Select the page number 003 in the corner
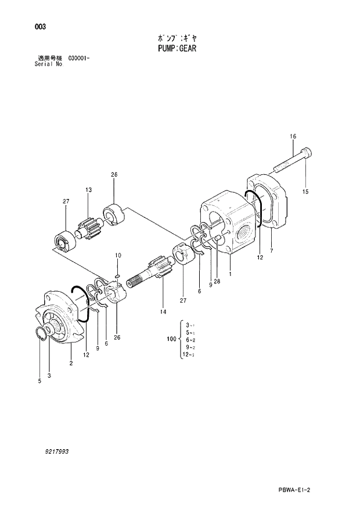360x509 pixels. pyautogui.click(x=40, y=27)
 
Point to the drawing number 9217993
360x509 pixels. pyautogui.click(x=60, y=451)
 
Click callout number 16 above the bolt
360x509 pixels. pyautogui.click(x=293, y=137)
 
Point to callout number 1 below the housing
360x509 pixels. pyautogui.click(x=231, y=273)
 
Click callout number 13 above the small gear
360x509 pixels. pyautogui.click(x=89, y=190)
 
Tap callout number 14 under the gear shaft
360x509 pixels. pyautogui.click(x=163, y=312)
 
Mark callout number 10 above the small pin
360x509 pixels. pyautogui.click(x=117, y=256)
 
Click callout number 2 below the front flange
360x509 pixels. pyautogui.click(x=71, y=364)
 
